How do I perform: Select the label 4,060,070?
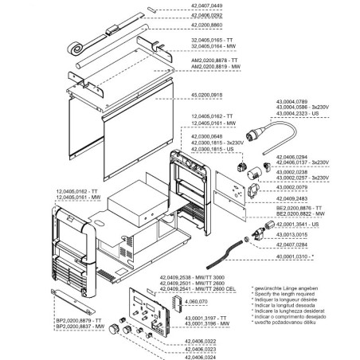coord(196,303)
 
